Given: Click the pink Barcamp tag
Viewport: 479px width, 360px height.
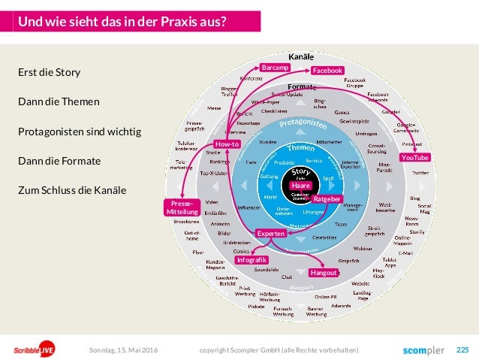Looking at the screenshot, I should pyautogui.click(x=274, y=68).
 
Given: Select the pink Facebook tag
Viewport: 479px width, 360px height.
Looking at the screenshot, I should pyautogui.click(x=327, y=71).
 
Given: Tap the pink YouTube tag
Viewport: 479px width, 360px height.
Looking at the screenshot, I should pyautogui.click(x=414, y=158).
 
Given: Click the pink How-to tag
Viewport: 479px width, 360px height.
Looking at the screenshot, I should pyautogui.click(x=227, y=144).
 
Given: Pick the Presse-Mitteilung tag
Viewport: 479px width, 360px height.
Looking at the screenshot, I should pyautogui.click(x=182, y=208).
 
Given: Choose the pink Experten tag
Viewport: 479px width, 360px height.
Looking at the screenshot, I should pyautogui.click(x=271, y=234).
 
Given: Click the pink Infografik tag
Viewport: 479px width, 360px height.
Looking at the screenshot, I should pyautogui.click(x=252, y=260).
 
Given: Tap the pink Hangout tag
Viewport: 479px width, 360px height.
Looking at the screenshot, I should pyautogui.click(x=324, y=273).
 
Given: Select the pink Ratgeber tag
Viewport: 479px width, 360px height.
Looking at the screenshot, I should pyautogui.click(x=327, y=199).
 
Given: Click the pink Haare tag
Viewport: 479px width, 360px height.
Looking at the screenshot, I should pyautogui.click(x=300, y=185).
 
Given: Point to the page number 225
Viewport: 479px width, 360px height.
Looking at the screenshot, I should pyautogui.click(x=462, y=350).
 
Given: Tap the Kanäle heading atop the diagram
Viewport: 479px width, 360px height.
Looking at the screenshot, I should pyautogui.click(x=302, y=57).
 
